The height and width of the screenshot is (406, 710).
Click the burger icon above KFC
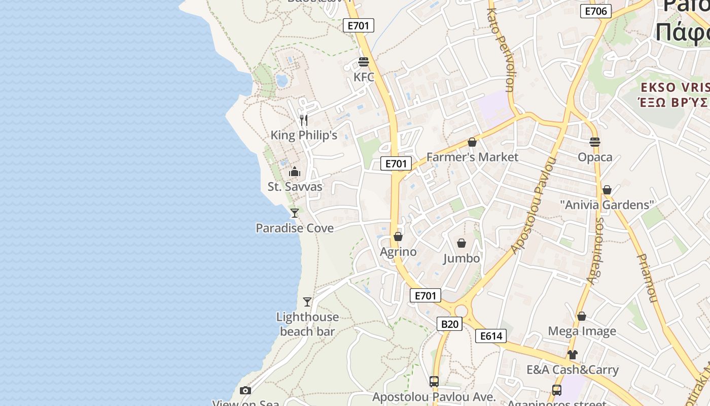pyautogui.click(x=363, y=62)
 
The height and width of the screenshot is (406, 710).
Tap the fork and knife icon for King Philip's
pyautogui.click(x=304, y=120)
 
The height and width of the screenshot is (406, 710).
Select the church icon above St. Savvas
pyautogui.click(x=295, y=172)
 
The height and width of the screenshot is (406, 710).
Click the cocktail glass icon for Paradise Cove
pyautogui.click(x=295, y=213)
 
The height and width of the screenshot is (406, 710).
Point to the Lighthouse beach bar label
pyautogui.click(x=307, y=324)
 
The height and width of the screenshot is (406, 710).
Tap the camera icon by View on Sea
pyautogui.click(x=245, y=390)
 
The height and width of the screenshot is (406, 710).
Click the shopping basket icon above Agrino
pyautogui.click(x=398, y=236)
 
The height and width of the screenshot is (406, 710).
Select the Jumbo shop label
pyautogui.click(x=461, y=258)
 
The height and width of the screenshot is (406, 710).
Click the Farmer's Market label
pyautogui.click(x=472, y=157)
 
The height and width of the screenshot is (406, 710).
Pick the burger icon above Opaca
pyautogui.click(x=595, y=142)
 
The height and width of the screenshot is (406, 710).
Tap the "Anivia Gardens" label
pyautogui.click(x=607, y=205)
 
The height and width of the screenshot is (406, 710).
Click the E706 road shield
pyautogui.click(x=596, y=11)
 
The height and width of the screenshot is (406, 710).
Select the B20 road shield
pyautogui.click(x=449, y=324)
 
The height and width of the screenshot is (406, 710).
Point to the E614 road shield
pyautogui.click(x=490, y=335)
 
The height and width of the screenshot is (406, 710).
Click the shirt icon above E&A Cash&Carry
pyautogui.click(x=573, y=354)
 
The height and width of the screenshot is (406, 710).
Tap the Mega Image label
pyautogui.click(x=582, y=331)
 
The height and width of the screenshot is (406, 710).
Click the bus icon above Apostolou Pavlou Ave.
pyautogui.click(x=434, y=381)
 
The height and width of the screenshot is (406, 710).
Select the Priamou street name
pyautogui.click(x=647, y=278)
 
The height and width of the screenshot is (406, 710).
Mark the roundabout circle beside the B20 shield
pyautogui.click(x=461, y=311)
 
